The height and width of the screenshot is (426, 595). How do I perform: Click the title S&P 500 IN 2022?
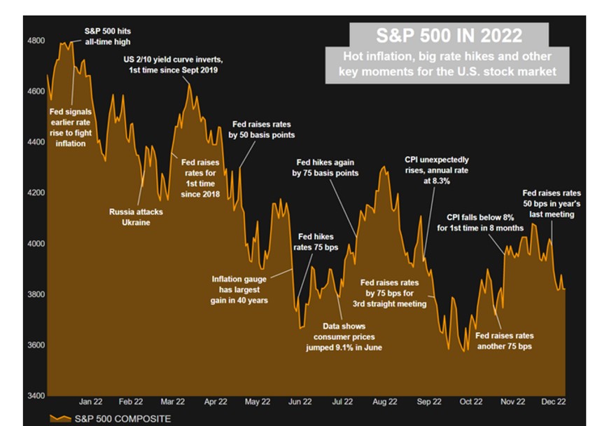449,35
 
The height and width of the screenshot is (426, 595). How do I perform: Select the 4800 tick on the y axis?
35,41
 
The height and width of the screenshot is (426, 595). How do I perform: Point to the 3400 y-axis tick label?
35,396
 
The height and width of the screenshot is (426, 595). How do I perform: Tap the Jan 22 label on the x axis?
91,401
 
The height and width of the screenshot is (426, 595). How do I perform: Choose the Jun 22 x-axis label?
300,401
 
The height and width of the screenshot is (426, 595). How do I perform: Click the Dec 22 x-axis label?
554,401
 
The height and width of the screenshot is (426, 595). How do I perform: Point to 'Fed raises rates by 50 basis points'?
262,129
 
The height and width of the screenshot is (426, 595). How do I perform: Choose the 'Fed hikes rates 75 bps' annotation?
316,242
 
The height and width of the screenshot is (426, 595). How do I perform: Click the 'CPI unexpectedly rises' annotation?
437,170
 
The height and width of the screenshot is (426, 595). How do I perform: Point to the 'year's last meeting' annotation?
552,203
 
